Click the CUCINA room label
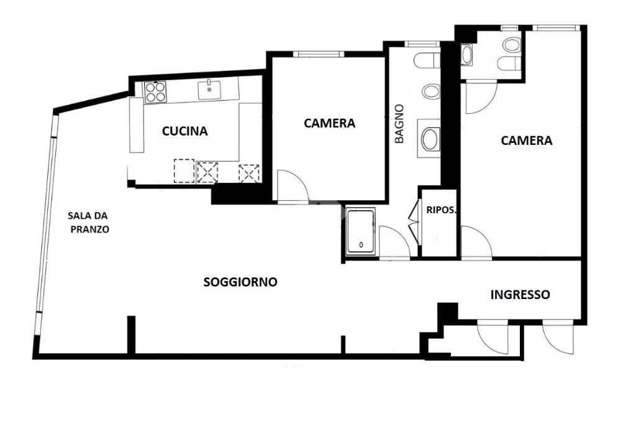click(184, 131)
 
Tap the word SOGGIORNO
click(240, 282)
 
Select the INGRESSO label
click(520, 295)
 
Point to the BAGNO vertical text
click(399, 124)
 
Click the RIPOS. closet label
click(441, 210)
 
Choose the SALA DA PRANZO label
click(88, 223)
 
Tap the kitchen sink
click(209, 90)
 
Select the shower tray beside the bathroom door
click(361, 232)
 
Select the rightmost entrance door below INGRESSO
click(558, 337)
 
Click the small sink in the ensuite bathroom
click(467, 55)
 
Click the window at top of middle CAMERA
click(319, 53)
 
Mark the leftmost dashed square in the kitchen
click(184, 170)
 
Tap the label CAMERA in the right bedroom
click(526, 141)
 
